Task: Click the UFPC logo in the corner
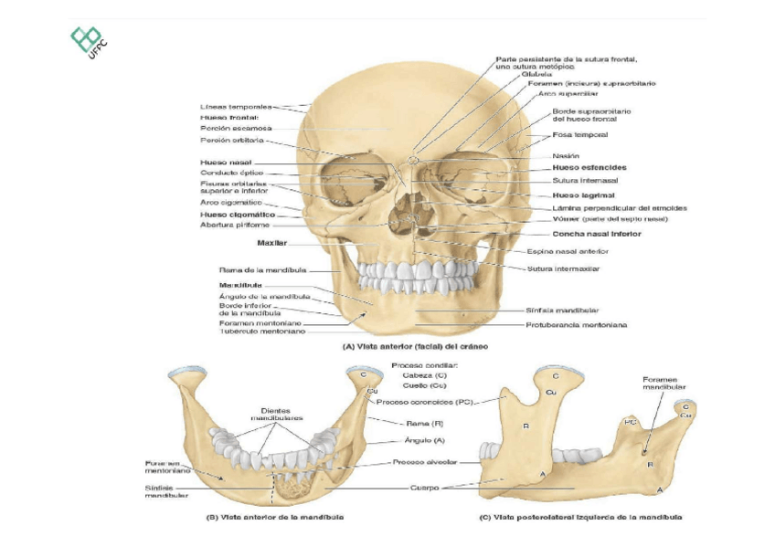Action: (x=89, y=42)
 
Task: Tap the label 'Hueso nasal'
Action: (x=219, y=163)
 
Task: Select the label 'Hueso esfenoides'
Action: (x=589, y=168)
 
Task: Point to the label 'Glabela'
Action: (x=536, y=74)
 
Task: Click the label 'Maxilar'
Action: (x=272, y=244)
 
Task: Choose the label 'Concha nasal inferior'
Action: (x=597, y=235)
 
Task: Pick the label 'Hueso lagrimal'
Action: (x=583, y=195)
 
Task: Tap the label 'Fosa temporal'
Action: (x=580, y=135)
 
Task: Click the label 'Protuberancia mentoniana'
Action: (x=576, y=324)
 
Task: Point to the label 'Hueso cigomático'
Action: (x=238, y=215)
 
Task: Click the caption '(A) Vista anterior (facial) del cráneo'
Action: (x=415, y=347)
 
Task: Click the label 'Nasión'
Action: (x=566, y=156)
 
